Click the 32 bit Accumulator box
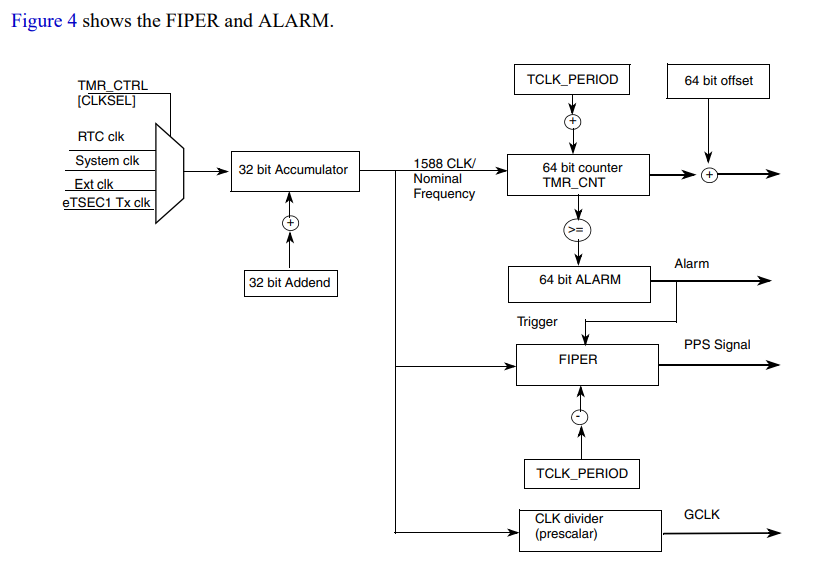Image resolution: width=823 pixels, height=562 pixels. coord(293,171)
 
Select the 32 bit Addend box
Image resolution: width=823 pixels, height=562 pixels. coord(289,283)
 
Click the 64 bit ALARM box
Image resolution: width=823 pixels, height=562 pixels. coord(579,281)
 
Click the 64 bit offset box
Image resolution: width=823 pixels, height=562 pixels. coord(718,81)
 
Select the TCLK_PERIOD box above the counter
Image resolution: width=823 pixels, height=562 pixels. coord(572,80)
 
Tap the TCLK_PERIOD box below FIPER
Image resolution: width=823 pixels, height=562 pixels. coord(582,473)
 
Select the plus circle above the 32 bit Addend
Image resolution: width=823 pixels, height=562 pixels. coord(290,222)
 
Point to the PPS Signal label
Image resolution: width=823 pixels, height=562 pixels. coord(717,345)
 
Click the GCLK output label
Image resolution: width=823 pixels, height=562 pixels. coord(701,515)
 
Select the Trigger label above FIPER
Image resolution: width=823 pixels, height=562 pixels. coord(537,322)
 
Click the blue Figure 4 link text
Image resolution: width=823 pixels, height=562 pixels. coord(43,21)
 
